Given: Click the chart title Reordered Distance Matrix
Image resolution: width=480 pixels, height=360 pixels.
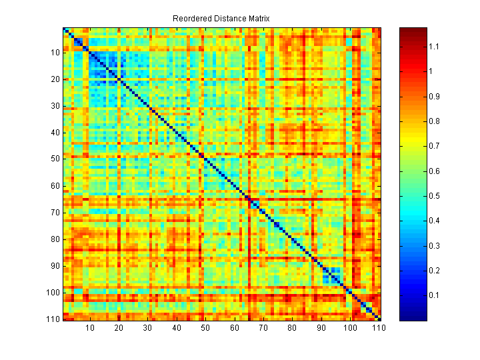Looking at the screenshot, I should pyautogui.click(x=221, y=19).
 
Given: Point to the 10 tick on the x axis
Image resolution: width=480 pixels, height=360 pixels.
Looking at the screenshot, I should pyautogui.click(x=90, y=328).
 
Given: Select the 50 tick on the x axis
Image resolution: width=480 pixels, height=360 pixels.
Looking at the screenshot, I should pyautogui.click(x=206, y=328).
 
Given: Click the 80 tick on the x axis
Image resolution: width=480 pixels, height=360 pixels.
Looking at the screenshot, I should pyautogui.click(x=293, y=328).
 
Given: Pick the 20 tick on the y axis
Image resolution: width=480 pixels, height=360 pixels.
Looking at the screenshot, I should pyautogui.click(x=55, y=79).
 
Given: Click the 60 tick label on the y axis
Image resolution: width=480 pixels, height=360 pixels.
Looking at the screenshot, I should pyautogui.click(x=55, y=186).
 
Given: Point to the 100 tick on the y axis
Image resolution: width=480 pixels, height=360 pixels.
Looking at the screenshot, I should pyautogui.click(x=53, y=293).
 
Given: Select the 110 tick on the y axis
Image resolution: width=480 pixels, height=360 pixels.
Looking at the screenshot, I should pyautogui.click(x=53, y=319).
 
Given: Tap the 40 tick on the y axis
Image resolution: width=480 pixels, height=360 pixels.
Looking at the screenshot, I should pyautogui.click(x=55, y=133).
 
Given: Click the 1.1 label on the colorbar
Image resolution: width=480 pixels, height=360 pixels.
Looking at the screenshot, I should pyautogui.click(x=434, y=47).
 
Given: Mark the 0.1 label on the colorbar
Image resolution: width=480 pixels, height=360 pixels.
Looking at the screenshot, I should pyautogui.click(x=434, y=295).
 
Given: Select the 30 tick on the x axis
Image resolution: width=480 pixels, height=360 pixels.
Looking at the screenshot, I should pyautogui.click(x=148, y=328).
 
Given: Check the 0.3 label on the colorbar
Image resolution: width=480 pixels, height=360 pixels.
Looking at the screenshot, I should pyautogui.click(x=434, y=245).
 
